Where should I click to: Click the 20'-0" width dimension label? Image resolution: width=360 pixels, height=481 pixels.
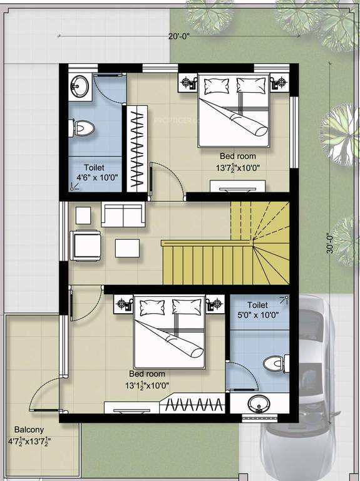point(179,36)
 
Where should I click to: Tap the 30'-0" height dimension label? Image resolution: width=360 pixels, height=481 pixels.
point(330,244)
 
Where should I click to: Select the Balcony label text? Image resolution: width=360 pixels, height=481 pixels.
point(29,430)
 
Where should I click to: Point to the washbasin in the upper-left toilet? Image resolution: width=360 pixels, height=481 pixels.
point(80,85)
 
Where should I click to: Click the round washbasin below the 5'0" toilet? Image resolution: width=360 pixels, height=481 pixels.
point(259,404)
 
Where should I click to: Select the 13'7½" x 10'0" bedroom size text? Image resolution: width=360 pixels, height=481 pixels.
point(239,168)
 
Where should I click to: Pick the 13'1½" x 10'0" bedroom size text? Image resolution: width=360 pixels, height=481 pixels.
point(147,385)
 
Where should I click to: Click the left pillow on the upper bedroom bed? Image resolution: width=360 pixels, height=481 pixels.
point(217,86)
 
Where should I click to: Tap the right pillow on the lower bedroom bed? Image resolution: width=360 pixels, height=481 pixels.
point(187,307)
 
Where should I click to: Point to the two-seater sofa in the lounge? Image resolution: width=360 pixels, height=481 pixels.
point(123,214)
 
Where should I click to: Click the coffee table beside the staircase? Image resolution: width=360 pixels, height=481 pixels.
point(127,248)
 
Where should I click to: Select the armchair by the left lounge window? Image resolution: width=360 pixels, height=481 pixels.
point(85,246)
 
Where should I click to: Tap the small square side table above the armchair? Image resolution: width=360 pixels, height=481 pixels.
point(83,215)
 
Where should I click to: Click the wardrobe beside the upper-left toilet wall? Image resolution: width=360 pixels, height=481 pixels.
point(137,149)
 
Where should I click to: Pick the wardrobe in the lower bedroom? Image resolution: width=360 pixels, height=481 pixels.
point(193,403)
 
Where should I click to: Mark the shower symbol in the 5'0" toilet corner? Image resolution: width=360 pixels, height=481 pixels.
point(285,300)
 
